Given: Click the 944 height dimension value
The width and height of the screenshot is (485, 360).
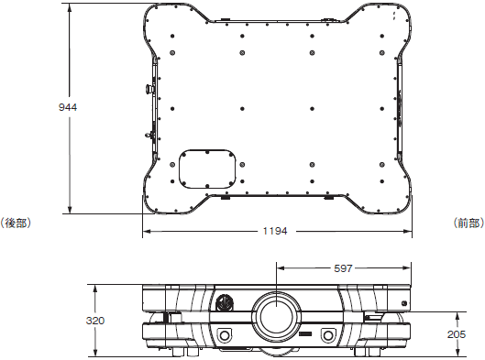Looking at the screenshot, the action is tap(68, 107).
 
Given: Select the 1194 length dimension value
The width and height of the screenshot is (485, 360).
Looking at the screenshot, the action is tap(275, 231).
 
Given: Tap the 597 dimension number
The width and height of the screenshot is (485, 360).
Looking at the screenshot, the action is tap(343, 268).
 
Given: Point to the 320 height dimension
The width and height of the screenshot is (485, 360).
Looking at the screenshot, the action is tap(95, 321).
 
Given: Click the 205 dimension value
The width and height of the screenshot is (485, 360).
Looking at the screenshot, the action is tap(457, 334).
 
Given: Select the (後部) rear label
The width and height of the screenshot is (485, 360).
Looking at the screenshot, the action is tap(16, 223).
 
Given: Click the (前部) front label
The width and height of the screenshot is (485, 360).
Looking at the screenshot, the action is tap(468, 223).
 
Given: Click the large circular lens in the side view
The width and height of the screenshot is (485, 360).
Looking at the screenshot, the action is tap(276, 317).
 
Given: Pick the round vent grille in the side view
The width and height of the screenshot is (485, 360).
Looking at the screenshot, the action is tap(225, 303).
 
